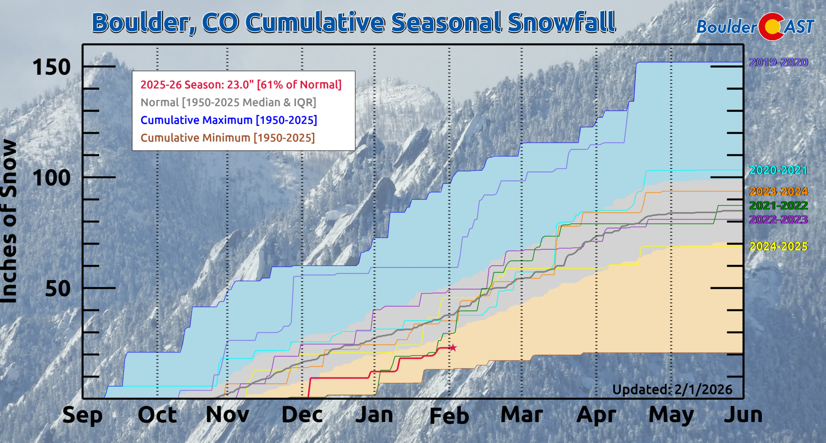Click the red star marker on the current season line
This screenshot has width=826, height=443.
452,348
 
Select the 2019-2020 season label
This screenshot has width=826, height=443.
778,62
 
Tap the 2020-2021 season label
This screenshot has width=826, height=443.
778,170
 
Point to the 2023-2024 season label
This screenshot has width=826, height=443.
778,191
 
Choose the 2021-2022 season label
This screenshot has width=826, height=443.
778,206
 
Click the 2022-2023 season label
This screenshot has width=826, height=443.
778,220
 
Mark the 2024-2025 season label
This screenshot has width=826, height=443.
778,246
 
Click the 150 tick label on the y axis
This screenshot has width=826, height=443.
51,68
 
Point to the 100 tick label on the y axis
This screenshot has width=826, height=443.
51,178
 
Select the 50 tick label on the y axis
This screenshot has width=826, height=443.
58,289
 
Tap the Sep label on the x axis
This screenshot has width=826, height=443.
82,415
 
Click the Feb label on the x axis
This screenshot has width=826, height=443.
449,416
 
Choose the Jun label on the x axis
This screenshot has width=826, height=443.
743,415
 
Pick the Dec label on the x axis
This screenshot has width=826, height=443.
302,415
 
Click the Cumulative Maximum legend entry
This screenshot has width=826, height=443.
228,120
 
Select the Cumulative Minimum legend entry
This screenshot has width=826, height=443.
228,138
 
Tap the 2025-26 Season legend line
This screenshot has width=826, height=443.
241,85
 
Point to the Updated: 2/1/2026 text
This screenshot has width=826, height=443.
672,390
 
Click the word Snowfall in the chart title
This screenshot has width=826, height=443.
561,23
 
